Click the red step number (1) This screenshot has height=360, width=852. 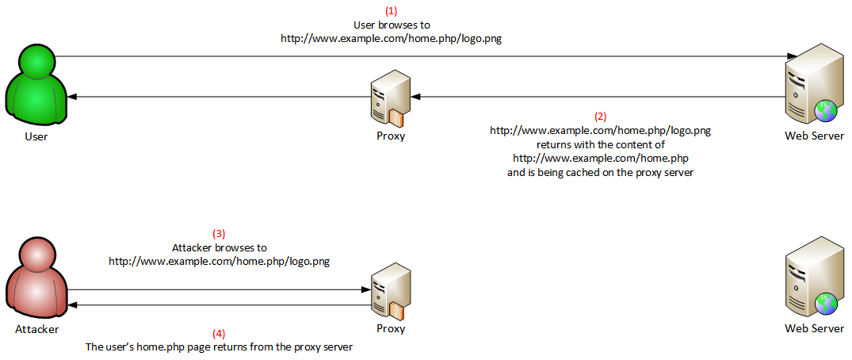(x=392, y=11)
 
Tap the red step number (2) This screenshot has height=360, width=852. (x=601, y=117)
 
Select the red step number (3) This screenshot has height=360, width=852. (x=219, y=234)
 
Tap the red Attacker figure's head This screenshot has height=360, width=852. (x=36, y=255)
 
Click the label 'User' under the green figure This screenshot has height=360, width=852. (x=36, y=136)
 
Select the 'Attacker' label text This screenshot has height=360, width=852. (x=37, y=329)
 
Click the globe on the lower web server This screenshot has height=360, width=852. (x=827, y=304)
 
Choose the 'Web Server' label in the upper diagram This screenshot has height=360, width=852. (x=815, y=136)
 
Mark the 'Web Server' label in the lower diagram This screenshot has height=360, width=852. (x=815, y=328)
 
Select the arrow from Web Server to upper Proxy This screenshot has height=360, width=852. (x=598, y=97)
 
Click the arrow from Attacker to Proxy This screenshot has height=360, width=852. (x=219, y=290)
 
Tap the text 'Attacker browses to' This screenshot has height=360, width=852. (x=220, y=248)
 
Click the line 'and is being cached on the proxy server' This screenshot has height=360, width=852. (x=601, y=173)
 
